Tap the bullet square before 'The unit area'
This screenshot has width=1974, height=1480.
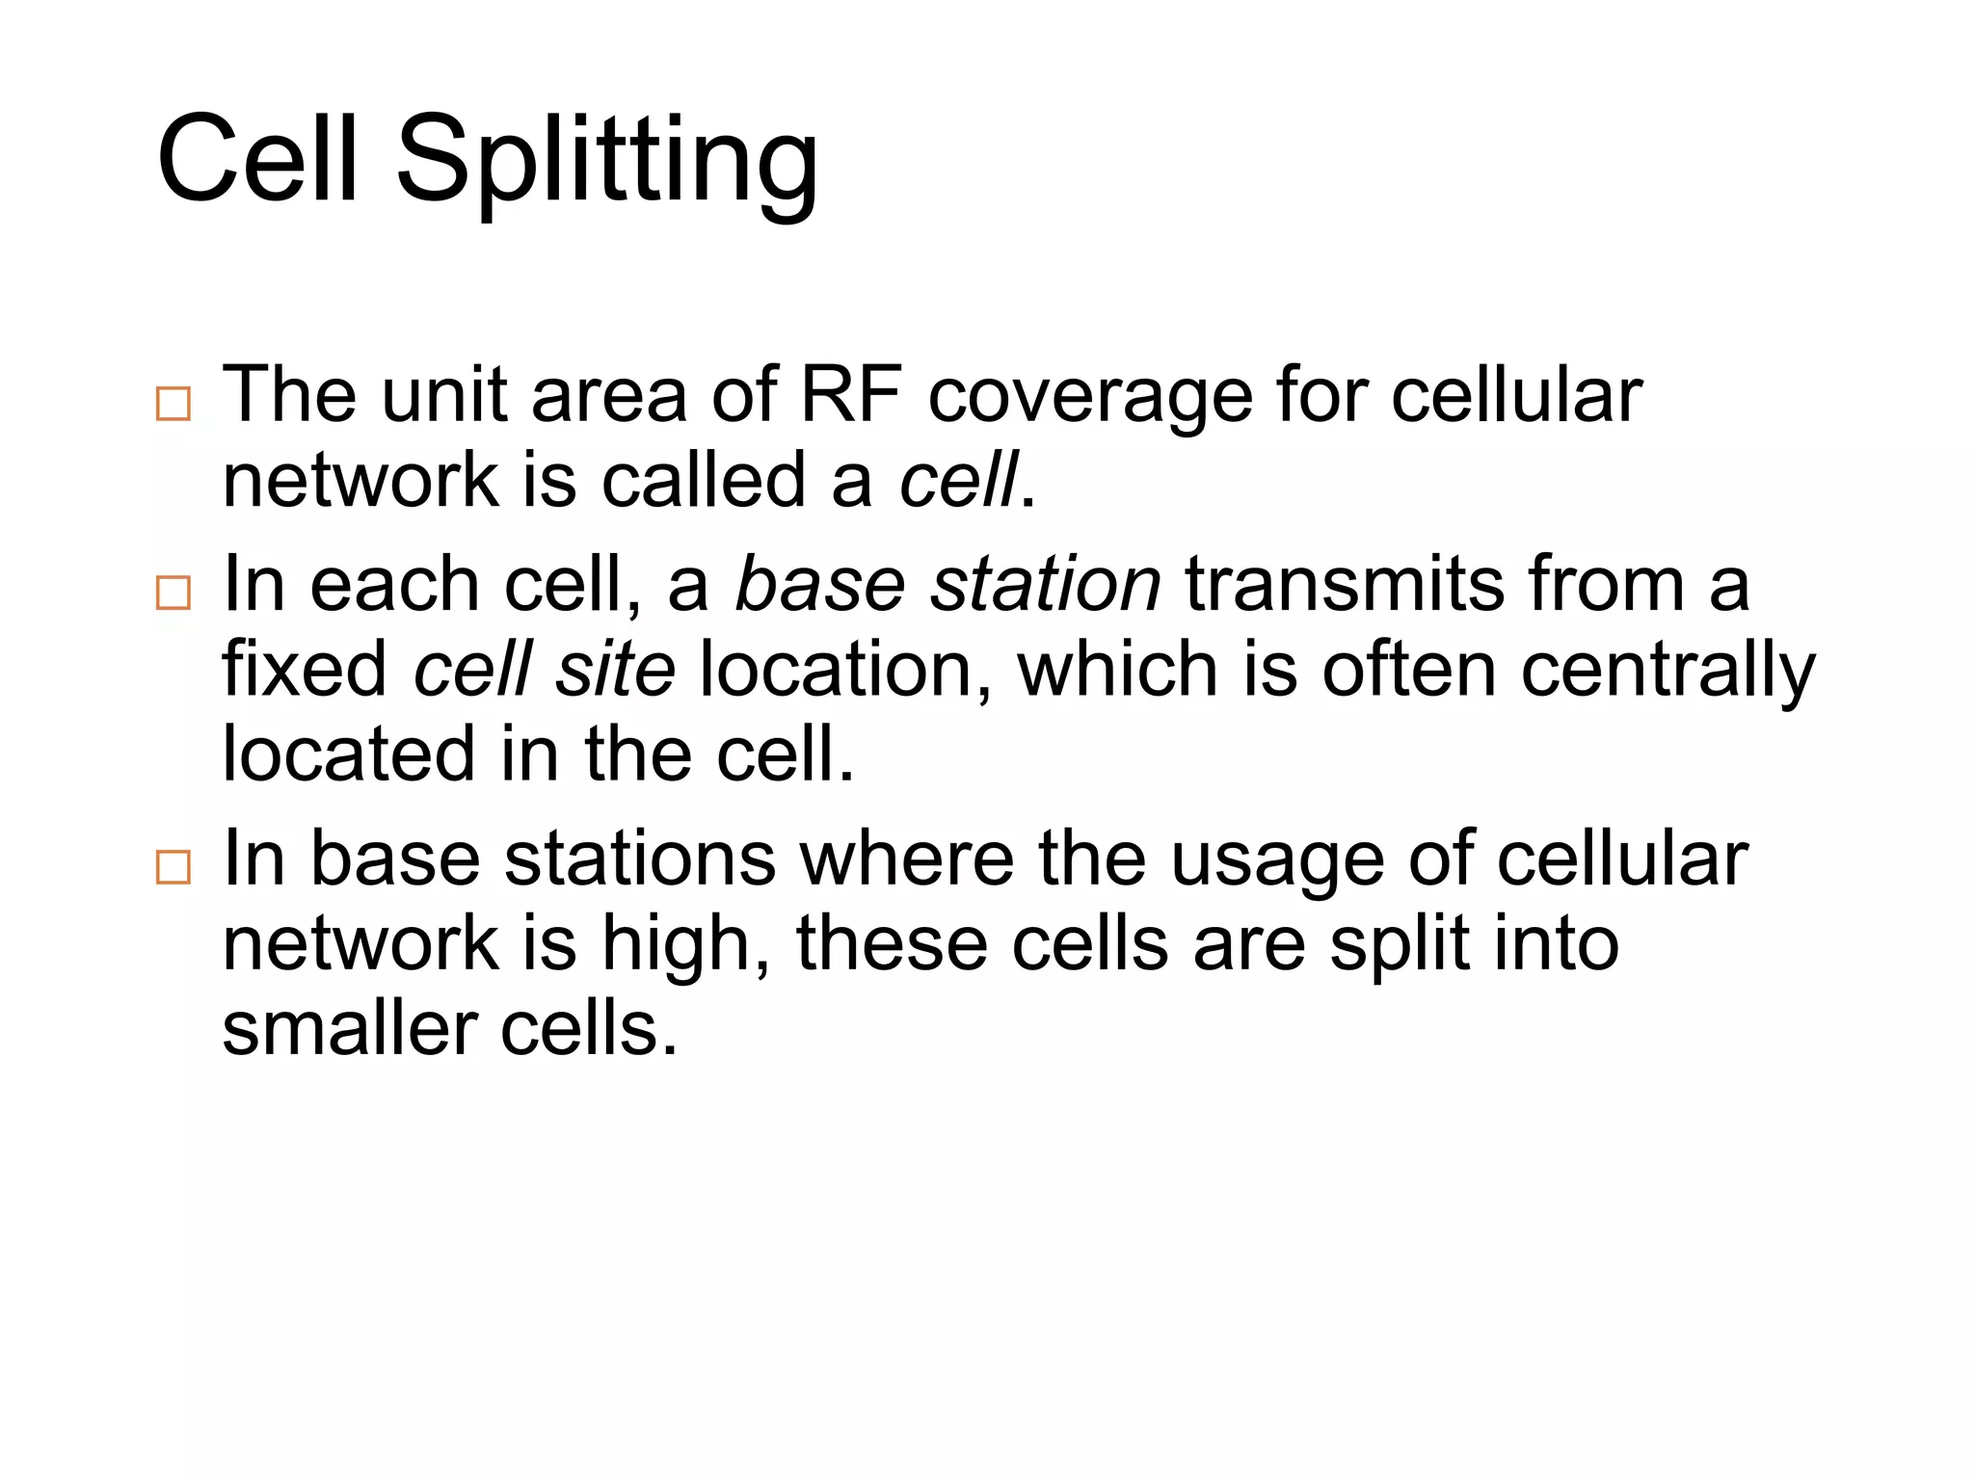coord(173,404)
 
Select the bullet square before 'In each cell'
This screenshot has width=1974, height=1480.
coord(173,593)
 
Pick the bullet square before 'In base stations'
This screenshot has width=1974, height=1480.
coord(173,867)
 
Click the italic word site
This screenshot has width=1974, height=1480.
coord(615,669)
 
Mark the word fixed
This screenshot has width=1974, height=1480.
coord(305,669)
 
